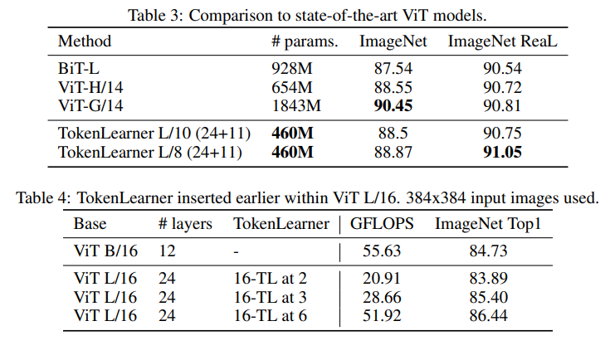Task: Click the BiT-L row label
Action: pos(77,69)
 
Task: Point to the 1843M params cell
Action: pos(296,105)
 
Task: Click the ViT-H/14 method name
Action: pos(92,87)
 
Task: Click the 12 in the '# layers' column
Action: pos(166,251)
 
